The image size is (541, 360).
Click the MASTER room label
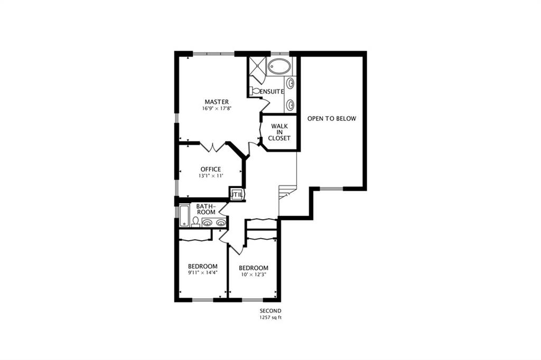[216, 102]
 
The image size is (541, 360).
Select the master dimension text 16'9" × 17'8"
[216, 108]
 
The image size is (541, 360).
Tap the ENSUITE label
[272, 92]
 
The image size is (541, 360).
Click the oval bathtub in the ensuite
[280, 65]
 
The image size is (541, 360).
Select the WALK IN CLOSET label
[279, 132]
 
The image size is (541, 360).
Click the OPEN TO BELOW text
[332, 119]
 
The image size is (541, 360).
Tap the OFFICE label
[211, 169]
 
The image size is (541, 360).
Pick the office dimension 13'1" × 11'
[211, 176]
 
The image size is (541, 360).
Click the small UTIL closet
[237, 194]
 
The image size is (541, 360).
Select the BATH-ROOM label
[206, 210]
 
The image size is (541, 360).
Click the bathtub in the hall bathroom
[184, 216]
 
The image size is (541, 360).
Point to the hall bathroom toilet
[195, 222]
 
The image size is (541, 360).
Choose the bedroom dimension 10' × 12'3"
[254, 275]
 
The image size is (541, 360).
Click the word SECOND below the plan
[270, 311]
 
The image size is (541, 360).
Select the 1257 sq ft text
[270, 318]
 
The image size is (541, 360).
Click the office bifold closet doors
[212, 147]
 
